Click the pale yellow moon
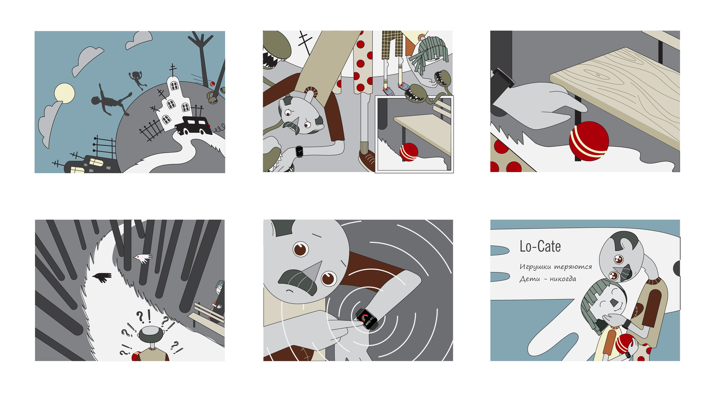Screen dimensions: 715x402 (64, 93)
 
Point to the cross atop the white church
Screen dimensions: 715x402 (173, 70)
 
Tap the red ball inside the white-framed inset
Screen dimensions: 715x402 (409, 152)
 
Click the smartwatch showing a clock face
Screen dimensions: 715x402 (299, 151)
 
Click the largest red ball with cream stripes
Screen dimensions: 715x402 (589, 141)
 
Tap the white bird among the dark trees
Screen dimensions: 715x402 (143, 258)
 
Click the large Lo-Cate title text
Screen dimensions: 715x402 (540, 246)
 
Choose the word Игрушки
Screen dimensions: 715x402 (535, 267)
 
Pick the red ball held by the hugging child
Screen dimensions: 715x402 (625, 344)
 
